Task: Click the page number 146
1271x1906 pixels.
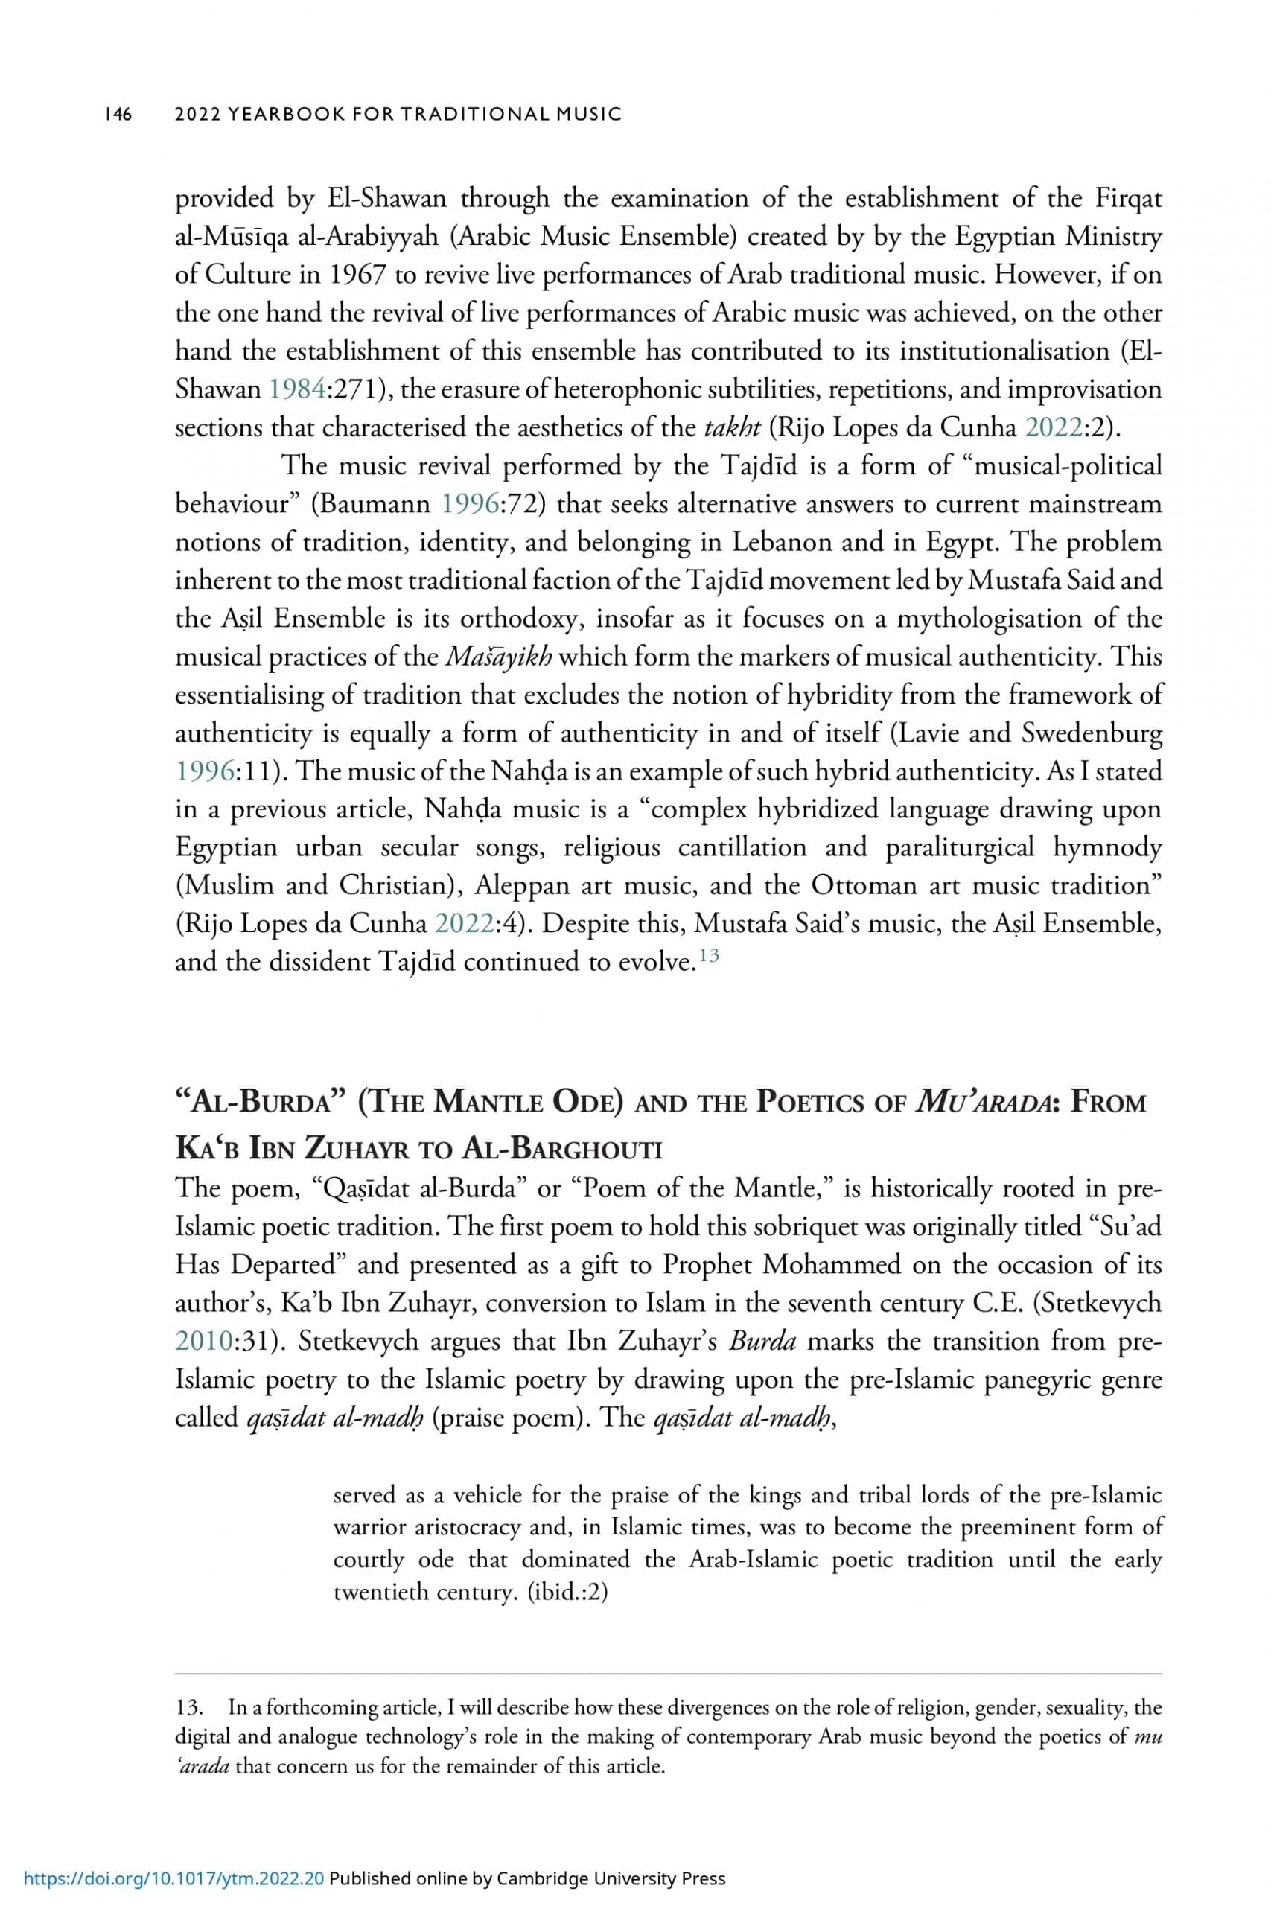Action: [x=118, y=114]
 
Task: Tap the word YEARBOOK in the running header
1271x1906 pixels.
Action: [x=281, y=114]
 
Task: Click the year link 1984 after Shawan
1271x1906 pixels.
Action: [x=298, y=390]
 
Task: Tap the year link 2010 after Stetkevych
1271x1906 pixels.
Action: [x=204, y=1341]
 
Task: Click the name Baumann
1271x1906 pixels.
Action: [x=375, y=504]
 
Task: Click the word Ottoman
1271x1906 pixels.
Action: [x=864, y=885]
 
